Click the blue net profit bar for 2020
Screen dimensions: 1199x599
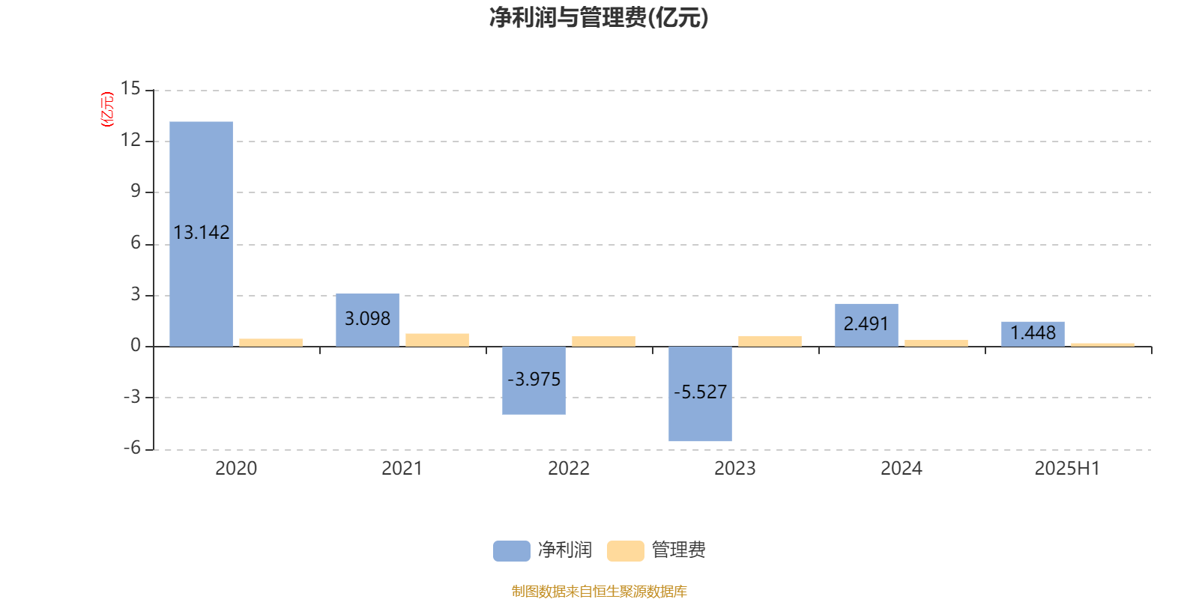202,234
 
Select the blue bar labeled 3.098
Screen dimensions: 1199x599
368,320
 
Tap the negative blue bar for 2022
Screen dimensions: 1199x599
534,380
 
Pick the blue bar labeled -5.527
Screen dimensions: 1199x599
700,394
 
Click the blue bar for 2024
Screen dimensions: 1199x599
866,325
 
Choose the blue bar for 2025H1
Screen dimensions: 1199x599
1033,334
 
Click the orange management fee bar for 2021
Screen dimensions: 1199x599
438,340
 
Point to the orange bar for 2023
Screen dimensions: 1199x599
770,341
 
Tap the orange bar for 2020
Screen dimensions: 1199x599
271,343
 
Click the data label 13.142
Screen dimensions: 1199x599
202,232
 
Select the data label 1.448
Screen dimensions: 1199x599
1033,332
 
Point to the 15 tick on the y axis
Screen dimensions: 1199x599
130,88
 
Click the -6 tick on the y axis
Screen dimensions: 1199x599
132,449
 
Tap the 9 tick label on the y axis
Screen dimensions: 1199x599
136,191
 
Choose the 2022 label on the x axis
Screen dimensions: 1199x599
569,469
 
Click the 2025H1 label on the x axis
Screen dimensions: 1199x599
1067,469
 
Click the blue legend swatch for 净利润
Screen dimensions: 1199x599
512,551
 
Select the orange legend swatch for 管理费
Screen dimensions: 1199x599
625,551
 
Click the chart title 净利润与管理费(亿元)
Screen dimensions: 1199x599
599,18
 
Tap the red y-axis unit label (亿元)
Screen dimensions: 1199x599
108,109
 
